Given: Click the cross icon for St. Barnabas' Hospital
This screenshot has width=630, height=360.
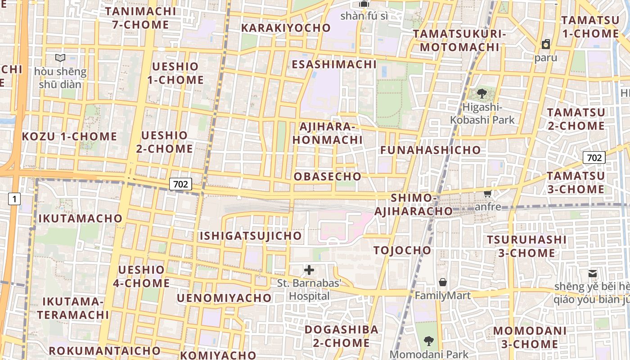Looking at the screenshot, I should (x=309, y=270).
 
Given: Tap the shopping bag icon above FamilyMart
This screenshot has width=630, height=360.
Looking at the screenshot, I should (x=443, y=282).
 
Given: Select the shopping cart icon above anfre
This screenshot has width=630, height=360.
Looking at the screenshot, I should (x=487, y=194).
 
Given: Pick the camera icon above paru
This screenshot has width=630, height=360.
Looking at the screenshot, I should (x=546, y=44).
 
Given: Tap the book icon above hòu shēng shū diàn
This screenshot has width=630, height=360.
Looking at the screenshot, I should (x=60, y=58).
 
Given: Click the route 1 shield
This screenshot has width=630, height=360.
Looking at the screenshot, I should (x=14, y=198).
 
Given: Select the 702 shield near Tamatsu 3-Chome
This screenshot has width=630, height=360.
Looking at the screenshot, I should (x=594, y=158).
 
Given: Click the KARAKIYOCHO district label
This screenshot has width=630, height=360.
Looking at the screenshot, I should (x=286, y=28).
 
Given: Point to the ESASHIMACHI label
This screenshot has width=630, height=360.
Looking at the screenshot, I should (x=334, y=64).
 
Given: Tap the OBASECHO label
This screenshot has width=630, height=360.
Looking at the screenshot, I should (x=328, y=177).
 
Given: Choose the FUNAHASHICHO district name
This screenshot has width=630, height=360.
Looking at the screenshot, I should (x=431, y=150).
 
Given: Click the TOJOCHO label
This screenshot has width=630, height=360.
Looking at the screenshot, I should (x=402, y=251).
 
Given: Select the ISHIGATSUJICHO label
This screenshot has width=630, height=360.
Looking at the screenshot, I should (x=251, y=236).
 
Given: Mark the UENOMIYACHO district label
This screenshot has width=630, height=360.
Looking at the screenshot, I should (x=224, y=298).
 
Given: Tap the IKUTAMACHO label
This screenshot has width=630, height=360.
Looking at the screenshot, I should (x=81, y=219).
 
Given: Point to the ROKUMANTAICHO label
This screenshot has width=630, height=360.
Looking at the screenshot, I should (x=104, y=351).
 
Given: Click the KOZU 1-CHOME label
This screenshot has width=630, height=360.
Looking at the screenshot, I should (x=70, y=137).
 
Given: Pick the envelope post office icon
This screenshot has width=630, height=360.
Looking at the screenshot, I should (x=593, y=273).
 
